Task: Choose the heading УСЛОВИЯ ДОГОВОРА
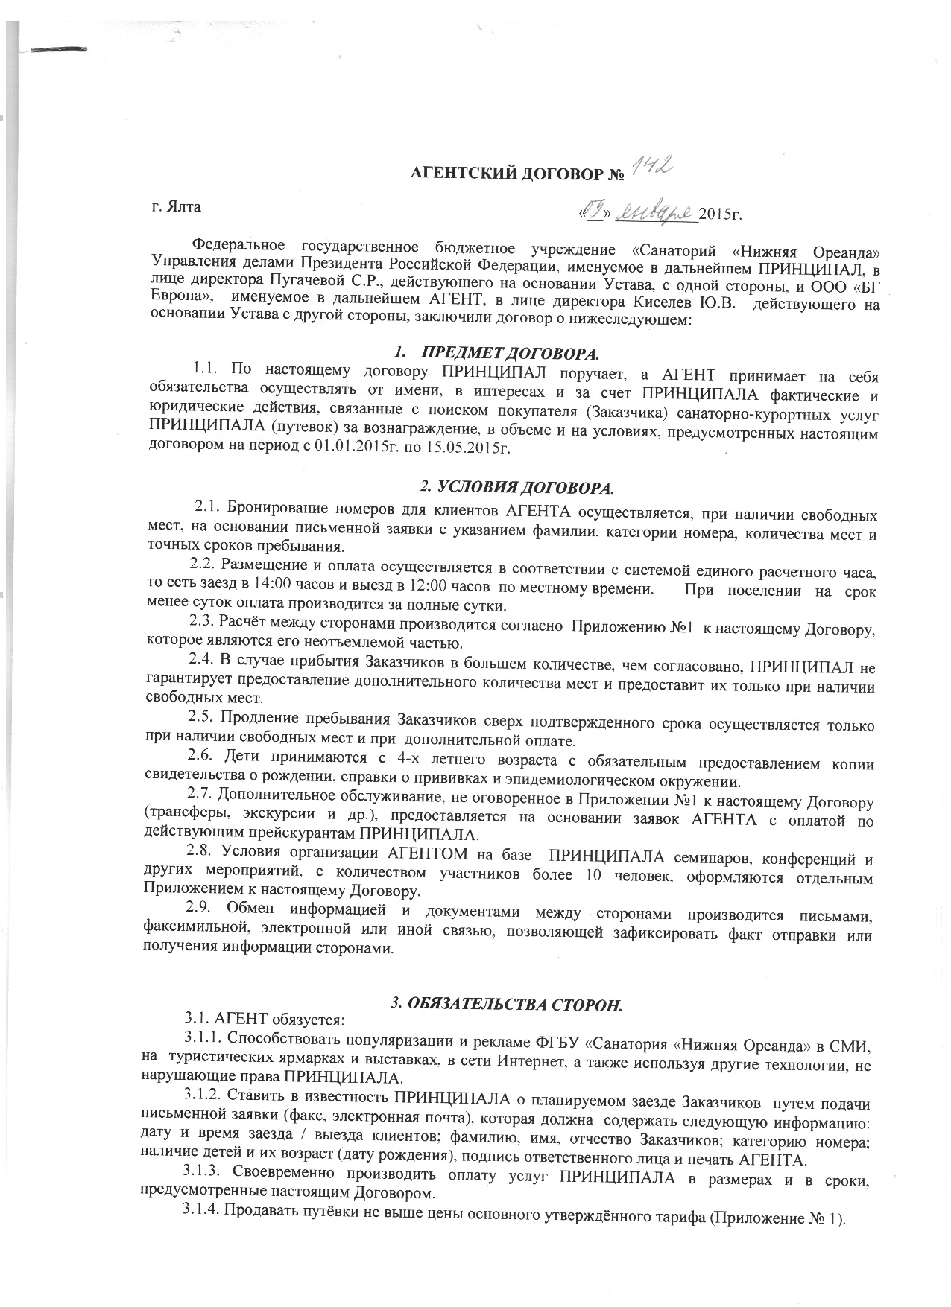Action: pyautogui.click(x=517, y=489)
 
